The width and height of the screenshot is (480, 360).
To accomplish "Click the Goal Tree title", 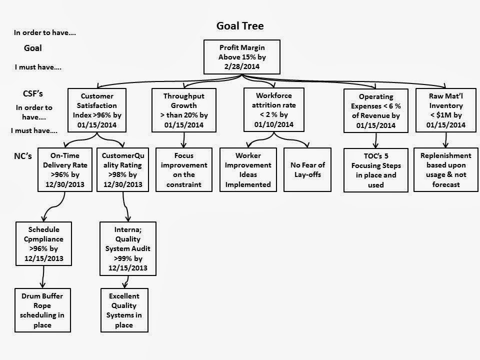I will point(239,25).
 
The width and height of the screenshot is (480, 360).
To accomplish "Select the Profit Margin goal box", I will point(239,56).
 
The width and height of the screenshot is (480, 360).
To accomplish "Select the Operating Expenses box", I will point(376,110).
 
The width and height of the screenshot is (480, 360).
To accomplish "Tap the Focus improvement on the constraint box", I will point(184,170).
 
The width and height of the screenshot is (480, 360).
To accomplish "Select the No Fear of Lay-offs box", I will point(307,170).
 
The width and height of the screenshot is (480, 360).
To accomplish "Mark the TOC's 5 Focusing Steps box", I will point(376,170).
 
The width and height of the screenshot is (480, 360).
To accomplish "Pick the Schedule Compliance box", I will point(42,243).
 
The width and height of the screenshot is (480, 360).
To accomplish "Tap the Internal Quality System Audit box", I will point(127,248).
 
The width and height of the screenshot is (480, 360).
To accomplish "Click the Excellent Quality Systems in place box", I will point(124,310).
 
